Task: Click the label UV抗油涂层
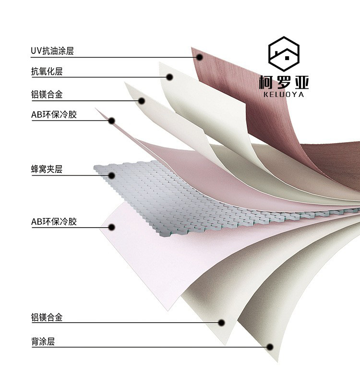(x=52, y=51)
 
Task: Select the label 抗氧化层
(x=47, y=72)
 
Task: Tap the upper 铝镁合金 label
(x=47, y=95)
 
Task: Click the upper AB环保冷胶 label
(x=54, y=115)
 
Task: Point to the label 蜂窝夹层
(x=47, y=169)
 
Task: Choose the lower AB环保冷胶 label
(x=54, y=221)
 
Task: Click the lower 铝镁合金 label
(x=47, y=317)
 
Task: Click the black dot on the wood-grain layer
(x=199, y=57)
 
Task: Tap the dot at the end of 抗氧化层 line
(x=169, y=77)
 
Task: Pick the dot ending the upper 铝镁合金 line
(x=142, y=100)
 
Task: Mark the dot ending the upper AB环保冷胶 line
(x=111, y=121)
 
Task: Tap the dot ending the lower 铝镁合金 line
(x=222, y=323)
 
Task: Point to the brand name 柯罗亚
(x=284, y=82)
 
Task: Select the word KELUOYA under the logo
(x=284, y=95)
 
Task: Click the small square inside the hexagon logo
(x=287, y=58)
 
